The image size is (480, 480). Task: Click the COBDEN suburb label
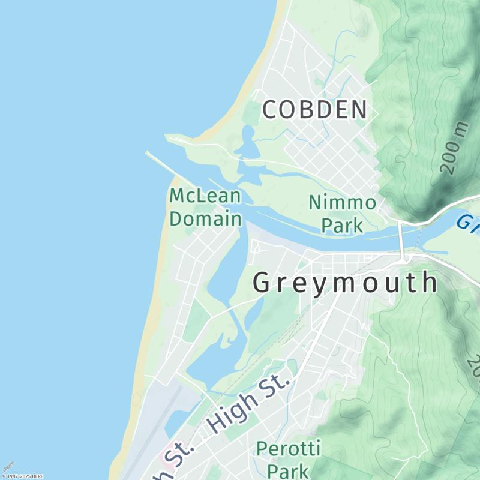pos(314,110)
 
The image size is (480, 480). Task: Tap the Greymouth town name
pos(345,283)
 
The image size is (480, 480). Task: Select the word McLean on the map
pos(205,196)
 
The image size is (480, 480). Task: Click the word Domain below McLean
pos(205,218)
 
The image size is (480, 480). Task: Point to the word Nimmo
pos(343,203)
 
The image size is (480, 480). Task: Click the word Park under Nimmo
pos(343,225)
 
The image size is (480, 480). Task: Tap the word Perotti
pos(289,448)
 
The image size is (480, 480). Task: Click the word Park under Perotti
pos(289,470)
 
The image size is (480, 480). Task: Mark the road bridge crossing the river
pos(401,240)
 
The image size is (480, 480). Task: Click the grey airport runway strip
pos(162,420)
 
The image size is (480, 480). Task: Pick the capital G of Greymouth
pos(263,283)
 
